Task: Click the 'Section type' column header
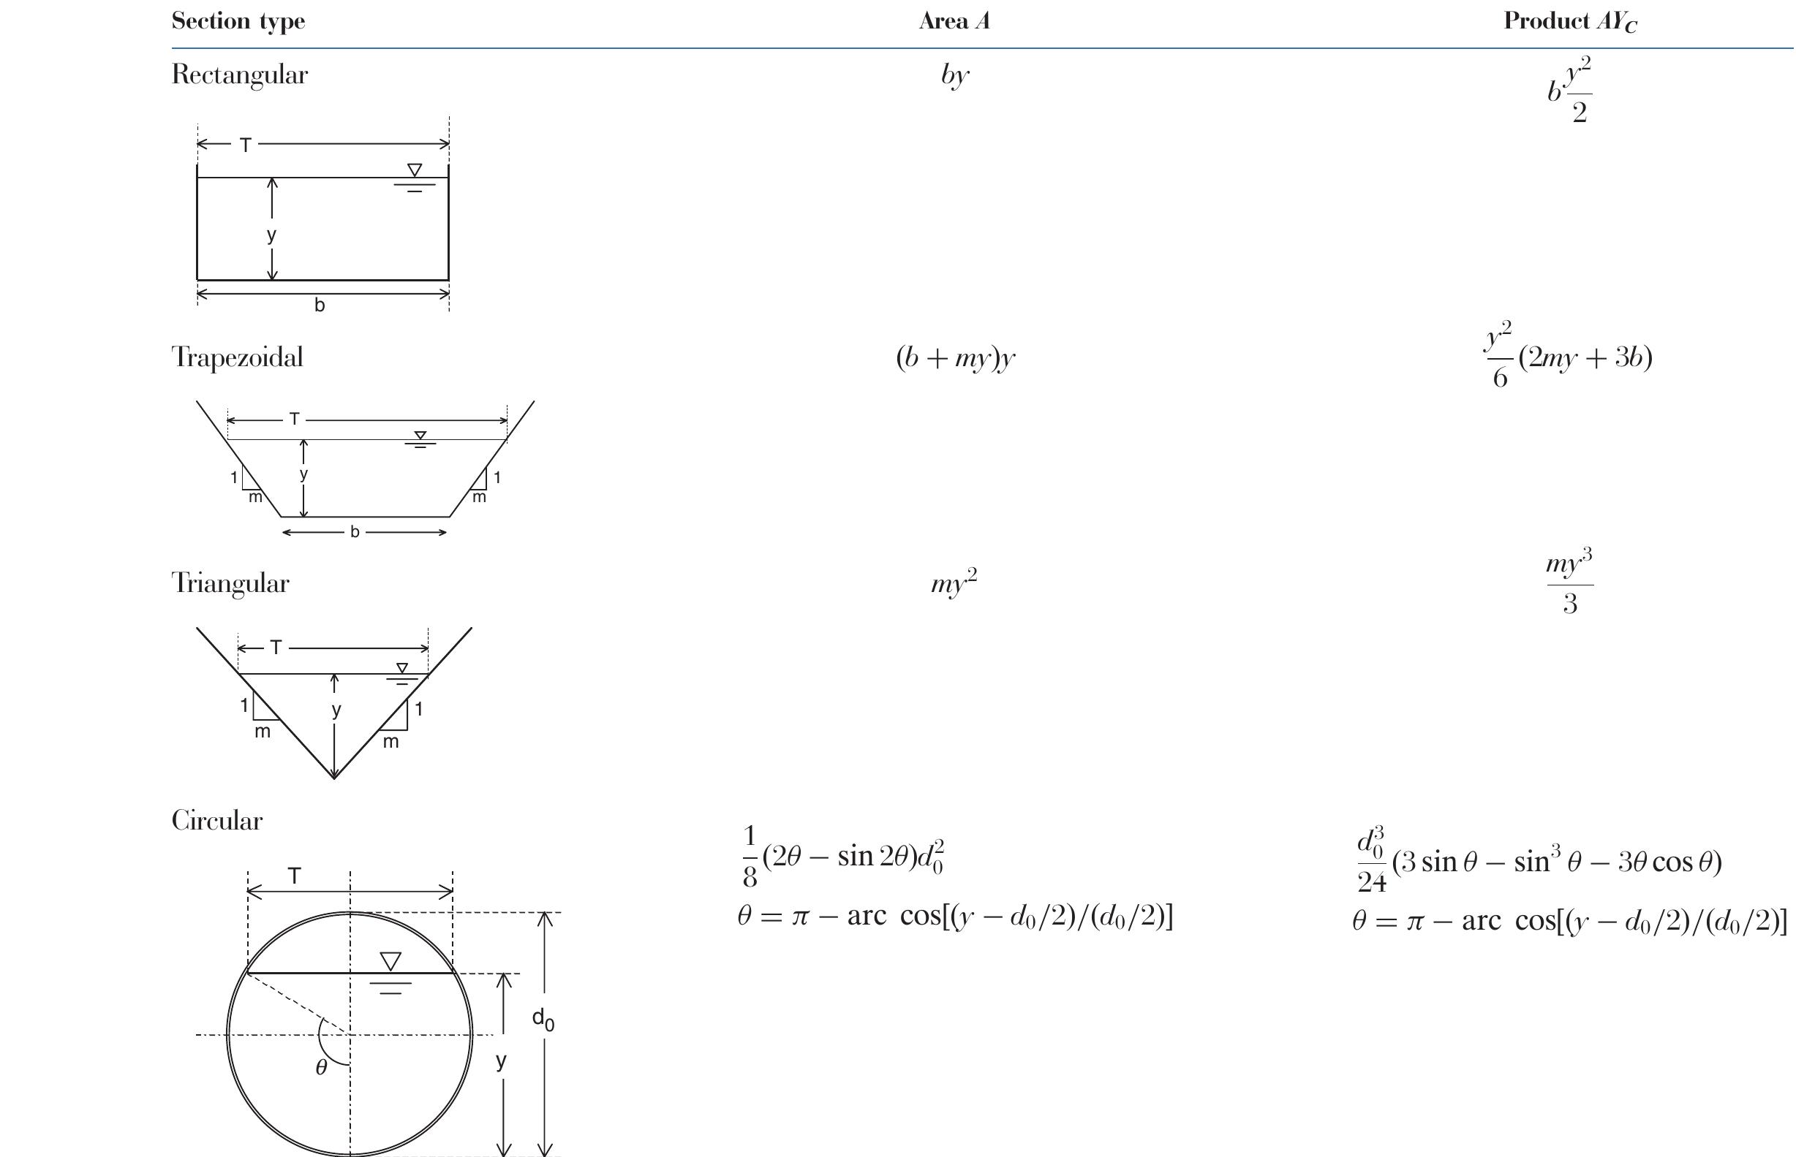(x=238, y=21)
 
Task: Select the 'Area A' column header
(x=954, y=21)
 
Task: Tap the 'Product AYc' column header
(x=1570, y=22)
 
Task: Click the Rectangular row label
(x=240, y=75)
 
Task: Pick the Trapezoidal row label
(x=238, y=357)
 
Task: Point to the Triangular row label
(x=230, y=583)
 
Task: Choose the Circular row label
(x=217, y=819)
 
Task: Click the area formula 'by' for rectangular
(x=954, y=75)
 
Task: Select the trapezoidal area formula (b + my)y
(x=955, y=358)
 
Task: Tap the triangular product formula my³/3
(x=1570, y=583)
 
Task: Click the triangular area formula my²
(x=954, y=583)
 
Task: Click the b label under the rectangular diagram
(x=320, y=305)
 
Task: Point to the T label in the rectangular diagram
(x=245, y=145)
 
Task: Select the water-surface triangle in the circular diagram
(x=390, y=961)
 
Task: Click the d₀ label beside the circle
(x=543, y=1019)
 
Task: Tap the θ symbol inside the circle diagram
(x=321, y=1068)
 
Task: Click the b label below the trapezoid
(x=355, y=532)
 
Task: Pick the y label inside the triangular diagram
(x=336, y=709)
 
